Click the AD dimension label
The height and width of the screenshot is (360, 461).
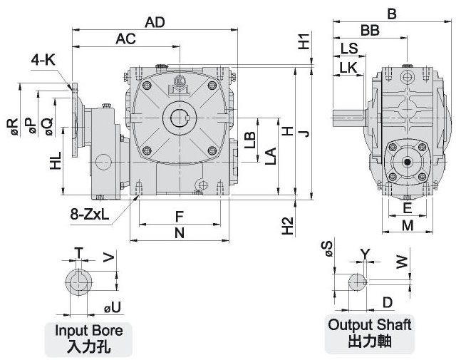(x=155, y=22)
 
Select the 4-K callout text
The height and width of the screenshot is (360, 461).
(x=43, y=61)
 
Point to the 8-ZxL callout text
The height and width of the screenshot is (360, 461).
(x=90, y=213)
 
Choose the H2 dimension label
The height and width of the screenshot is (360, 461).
(x=287, y=225)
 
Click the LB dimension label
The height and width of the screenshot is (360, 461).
(x=249, y=140)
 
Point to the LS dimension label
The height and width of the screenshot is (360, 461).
(x=349, y=48)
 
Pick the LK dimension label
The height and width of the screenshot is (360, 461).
(x=348, y=67)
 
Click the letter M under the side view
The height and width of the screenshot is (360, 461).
(x=407, y=225)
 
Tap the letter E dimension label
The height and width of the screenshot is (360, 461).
(x=407, y=208)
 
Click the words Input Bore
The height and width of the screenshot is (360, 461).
(x=89, y=331)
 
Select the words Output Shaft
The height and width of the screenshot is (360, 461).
(x=370, y=325)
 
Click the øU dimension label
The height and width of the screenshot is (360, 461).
(x=113, y=308)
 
